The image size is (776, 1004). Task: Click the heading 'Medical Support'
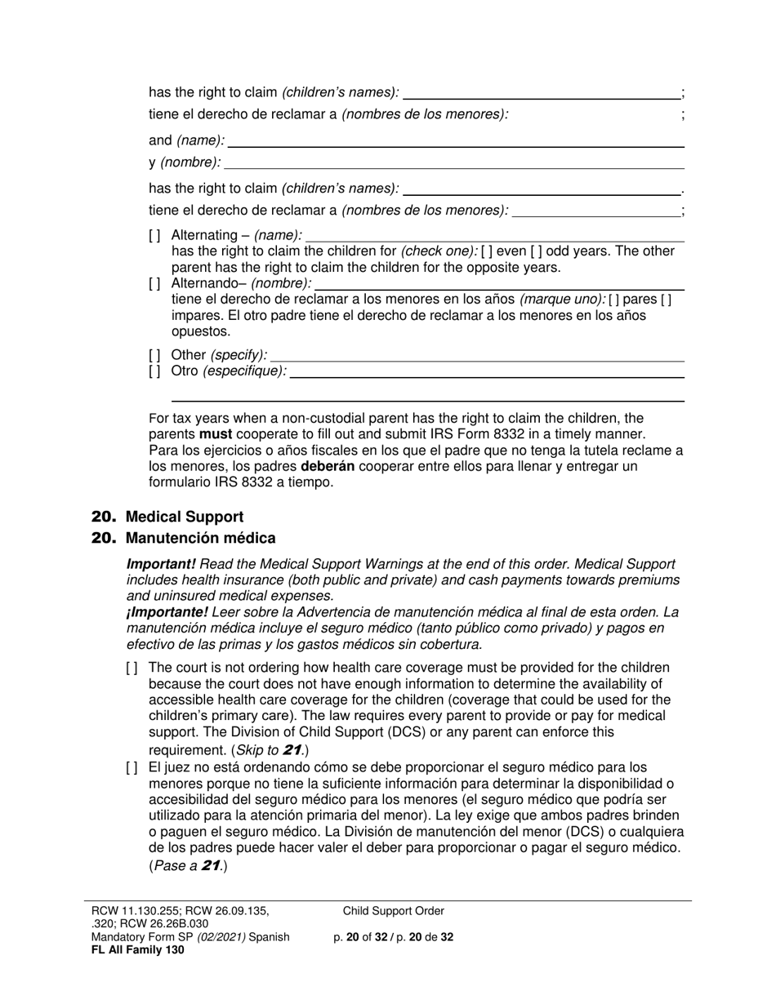(x=184, y=517)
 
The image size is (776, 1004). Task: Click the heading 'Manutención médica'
(x=200, y=538)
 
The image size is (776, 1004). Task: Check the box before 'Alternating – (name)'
(x=154, y=236)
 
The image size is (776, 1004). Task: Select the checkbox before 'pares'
(x=613, y=300)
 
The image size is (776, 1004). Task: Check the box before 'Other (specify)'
(x=154, y=355)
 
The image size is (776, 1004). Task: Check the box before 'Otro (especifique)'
(x=154, y=371)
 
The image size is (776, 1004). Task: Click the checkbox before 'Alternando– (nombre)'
(x=154, y=284)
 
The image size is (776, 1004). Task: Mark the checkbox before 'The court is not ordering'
(x=132, y=669)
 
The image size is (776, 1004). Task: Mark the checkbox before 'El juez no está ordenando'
(x=132, y=768)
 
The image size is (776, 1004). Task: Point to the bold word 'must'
(x=216, y=434)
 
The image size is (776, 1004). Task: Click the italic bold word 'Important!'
(x=161, y=564)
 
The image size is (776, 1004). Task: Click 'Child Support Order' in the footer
(x=394, y=911)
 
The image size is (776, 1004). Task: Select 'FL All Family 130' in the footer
(x=137, y=949)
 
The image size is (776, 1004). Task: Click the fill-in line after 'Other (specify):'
(x=477, y=356)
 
